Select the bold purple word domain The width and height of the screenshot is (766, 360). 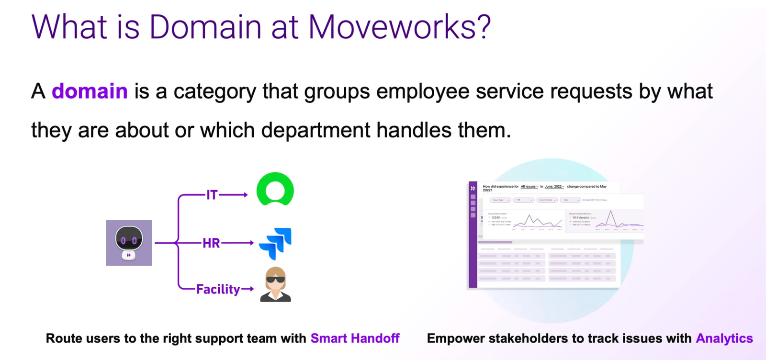click(90, 91)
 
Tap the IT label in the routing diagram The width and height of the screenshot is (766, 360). click(212, 195)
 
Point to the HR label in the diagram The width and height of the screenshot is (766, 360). click(211, 243)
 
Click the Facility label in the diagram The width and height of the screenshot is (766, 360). click(218, 289)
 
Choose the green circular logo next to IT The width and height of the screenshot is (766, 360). click(275, 190)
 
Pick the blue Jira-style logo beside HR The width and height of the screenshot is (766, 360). click(275, 244)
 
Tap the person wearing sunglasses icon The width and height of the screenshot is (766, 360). click(275, 284)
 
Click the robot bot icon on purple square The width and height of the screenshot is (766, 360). click(129, 243)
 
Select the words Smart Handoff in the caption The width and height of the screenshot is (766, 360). click(355, 338)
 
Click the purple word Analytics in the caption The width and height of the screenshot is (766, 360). click(724, 338)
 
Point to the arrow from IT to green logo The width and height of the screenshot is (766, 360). click(234, 195)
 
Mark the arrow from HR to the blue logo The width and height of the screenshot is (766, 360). click(237, 243)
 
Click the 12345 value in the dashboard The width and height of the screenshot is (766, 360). click(495, 218)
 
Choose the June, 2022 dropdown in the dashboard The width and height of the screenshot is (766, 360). click(554, 187)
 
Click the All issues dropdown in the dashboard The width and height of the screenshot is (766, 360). click(529, 187)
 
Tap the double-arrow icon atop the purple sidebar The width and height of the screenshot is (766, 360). click(473, 188)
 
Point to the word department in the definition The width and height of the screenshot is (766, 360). click(315, 130)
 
